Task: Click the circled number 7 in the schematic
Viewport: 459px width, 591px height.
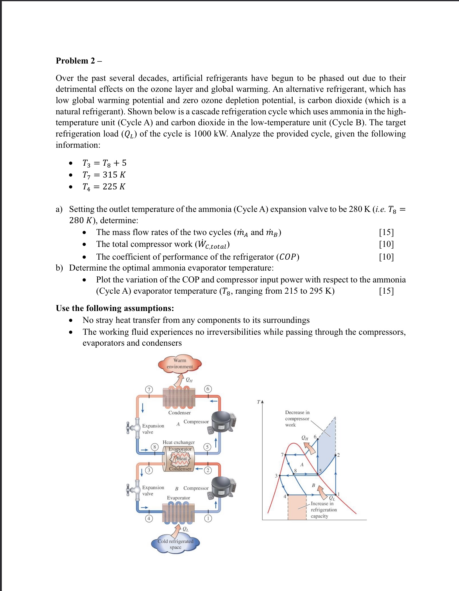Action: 148,389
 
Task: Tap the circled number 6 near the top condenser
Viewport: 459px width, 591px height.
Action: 208,389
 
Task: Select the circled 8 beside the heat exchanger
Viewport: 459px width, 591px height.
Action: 155,447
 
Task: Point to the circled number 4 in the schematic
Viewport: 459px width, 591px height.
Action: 148,518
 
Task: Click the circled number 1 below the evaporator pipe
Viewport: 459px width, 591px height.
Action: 208,518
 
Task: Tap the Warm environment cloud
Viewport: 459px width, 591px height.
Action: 179,364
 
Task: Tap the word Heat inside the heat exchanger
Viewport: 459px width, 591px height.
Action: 182,458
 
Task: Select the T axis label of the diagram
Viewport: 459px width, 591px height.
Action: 259,402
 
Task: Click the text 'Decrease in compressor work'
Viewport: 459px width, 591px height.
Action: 297,419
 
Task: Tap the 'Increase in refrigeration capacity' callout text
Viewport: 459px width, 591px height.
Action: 323,510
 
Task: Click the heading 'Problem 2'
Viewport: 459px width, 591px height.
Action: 78,61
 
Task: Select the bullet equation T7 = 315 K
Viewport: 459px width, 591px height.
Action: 104,175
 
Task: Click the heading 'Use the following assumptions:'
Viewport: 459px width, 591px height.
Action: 115,308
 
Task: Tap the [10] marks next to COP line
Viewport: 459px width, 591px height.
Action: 386,257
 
